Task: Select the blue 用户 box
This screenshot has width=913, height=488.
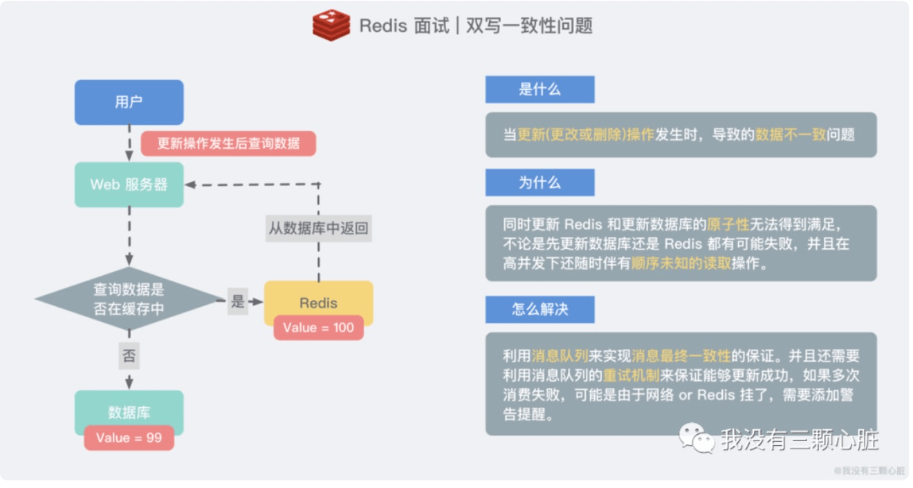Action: pyautogui.click(x=129, y=102)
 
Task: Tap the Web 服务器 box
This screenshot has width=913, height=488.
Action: pyautogui.click(x=129, y=185)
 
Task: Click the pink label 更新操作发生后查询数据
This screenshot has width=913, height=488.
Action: pyautogui.click(x=228, y=143)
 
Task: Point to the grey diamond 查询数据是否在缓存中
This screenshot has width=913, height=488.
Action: pyautogui.click(x=129, y=299)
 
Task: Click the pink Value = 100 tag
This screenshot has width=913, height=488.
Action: pyautogui.click(x=319, y=328)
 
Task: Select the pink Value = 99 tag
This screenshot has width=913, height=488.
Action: pyautogui.click(x=129, y=438)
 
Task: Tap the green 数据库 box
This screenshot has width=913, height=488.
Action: pyautogui.click(x=129, y=411)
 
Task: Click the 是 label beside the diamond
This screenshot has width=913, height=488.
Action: pyautogui.click(x=238, y=301)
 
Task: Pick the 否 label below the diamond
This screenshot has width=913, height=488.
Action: pyautogui.click(x=129, y=356)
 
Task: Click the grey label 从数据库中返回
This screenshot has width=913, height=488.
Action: pyautogui.click(x=319, y=229)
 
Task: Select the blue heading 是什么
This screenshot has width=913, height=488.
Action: pyautogui.click(x=540, y=89)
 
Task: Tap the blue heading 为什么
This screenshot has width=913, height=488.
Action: pyautogui.click(x=540, y=182)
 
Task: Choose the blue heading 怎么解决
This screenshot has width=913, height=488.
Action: pyautogui.click(x=540, y=310)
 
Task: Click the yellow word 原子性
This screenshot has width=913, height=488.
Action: pyautogui.click(x=728, y=225)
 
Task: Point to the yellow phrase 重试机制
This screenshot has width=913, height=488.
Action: pyautogui.click(x=631, y=375)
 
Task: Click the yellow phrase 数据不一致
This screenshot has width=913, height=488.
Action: pyautogui.click(x=791, y=134)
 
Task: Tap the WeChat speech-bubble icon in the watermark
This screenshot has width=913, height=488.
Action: pyautogui.click(x=697, y=438)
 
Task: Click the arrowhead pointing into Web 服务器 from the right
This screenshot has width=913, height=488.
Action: pyautogui.click(x=190, y=185)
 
